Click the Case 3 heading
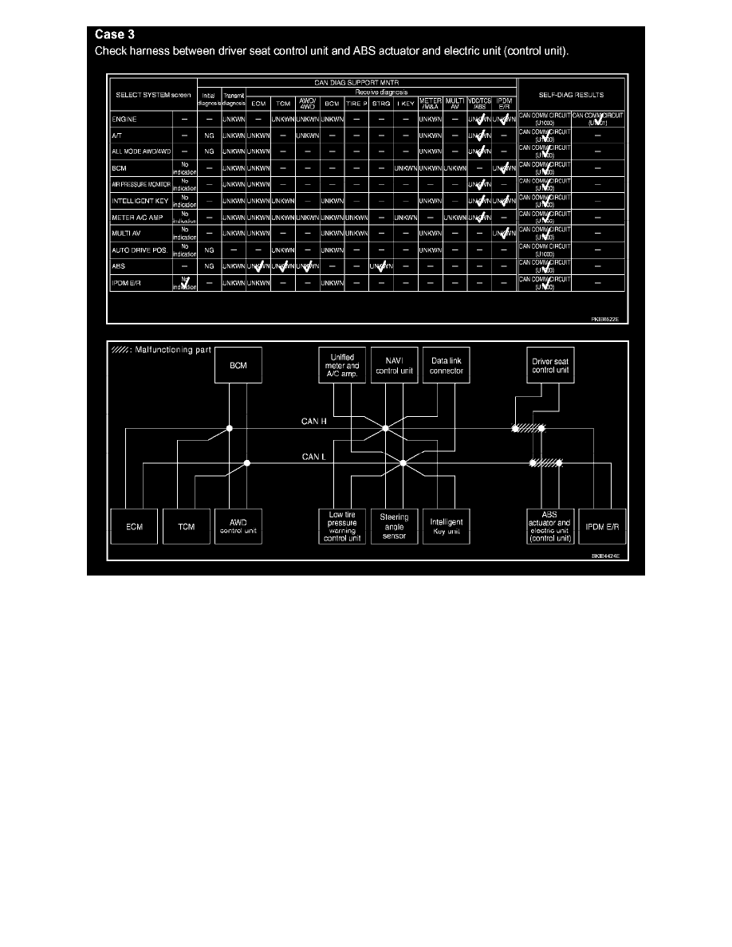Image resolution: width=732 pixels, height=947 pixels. point(116,34)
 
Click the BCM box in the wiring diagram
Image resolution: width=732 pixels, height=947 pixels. point(238,366)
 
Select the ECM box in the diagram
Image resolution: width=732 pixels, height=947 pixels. point(134,527)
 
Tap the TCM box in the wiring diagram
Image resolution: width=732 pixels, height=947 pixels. point(186,527)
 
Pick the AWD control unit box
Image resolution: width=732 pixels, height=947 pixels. point(238,527)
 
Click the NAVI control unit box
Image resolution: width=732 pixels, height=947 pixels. point(392,366)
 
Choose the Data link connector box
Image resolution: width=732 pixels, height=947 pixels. point(443,366)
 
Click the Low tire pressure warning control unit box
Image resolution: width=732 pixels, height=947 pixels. point(342,527)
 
